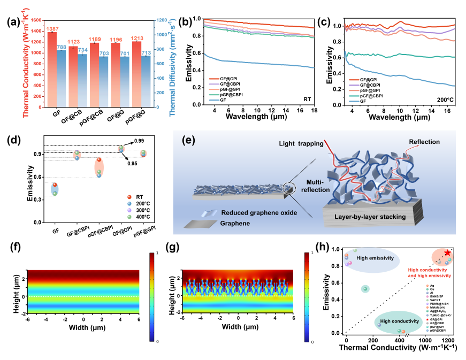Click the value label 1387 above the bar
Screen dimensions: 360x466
tap(52, 29)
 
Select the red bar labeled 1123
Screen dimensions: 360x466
tap(73, 75)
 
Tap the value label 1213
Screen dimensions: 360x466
tap(137, 38)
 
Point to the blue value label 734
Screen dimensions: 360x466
tap(83, 50)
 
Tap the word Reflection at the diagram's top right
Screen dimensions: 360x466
tap(424, 142)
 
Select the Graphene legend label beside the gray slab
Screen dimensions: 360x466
tap(235, 224)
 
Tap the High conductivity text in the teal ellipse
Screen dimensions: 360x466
tap(398, 321)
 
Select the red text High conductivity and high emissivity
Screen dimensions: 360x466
tap(430, 272)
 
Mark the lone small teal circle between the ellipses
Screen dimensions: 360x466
tap(365, 289)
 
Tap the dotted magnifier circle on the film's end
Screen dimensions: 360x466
tap(289, 189)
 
